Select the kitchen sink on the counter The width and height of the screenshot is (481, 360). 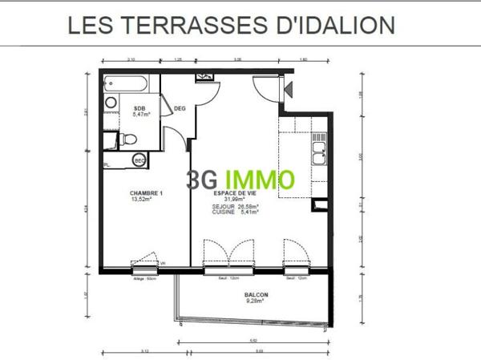[x=318, y=148]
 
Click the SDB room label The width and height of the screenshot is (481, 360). [x=139, y=108]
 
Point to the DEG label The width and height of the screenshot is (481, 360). [x=180, y=110]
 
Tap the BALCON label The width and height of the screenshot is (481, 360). [x=257, y=295]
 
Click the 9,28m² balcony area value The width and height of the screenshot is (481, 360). [x=257, y=301]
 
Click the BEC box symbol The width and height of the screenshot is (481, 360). [x=139, y=161]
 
